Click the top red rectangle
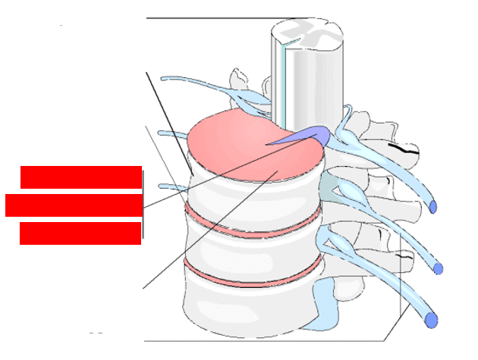click(x=81, y=177)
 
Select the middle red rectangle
click(x=74, y=205)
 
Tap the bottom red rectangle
click(x=80, y=233)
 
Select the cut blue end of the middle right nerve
click(x=439, y=268)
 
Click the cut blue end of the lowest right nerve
click(x=432, y=321)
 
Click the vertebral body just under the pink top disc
click(x=250, y=193)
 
